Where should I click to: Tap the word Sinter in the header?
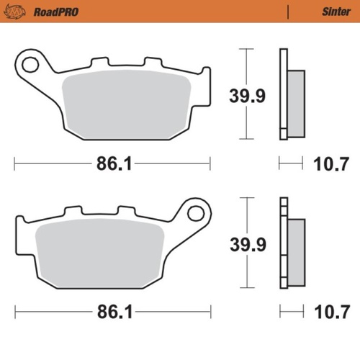pyautogui.click(x=335, y=12)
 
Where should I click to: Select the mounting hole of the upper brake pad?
pyautogui.click(x=30, y=65)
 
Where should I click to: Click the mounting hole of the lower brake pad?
pyautogui.click(x=196, y=213)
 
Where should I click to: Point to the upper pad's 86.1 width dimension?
pyautogui.click(x=114, y=164)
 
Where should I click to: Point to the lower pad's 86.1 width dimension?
pyautogui.click(x=114, y=314)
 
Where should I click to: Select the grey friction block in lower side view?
pyautogui.click(x=296, y=247)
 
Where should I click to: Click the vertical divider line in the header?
pyautogui.click(x=288, y=12)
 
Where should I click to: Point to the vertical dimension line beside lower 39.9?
pyautogui.click(x=246, y=216)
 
